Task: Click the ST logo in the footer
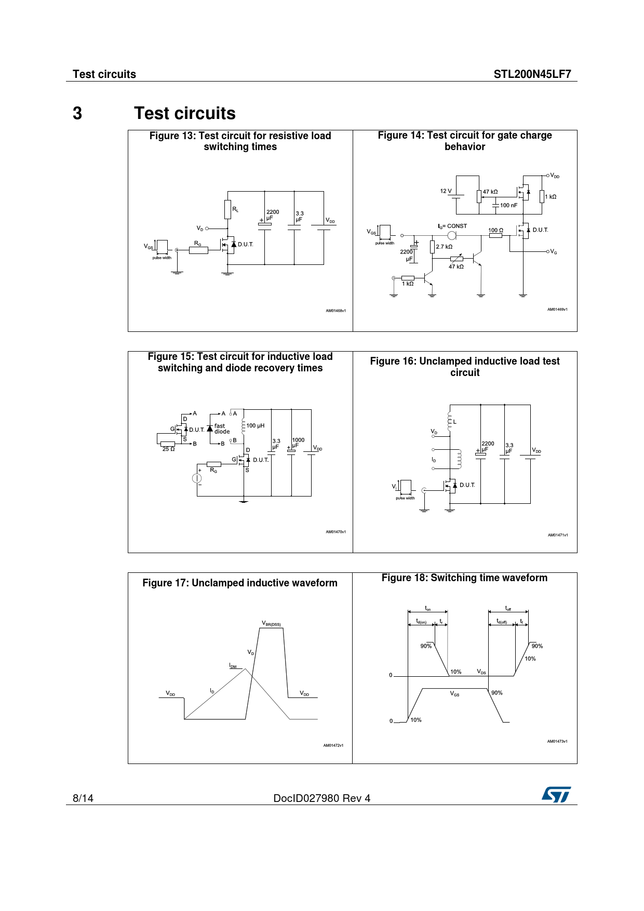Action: [x=556, y=795]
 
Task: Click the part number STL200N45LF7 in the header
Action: [x=532, y=74]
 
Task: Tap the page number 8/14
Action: [x=83, y=798]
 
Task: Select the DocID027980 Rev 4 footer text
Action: [x=321, y=798]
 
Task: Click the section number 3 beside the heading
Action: [x=77, y=113]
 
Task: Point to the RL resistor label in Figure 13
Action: [x=235, y=209]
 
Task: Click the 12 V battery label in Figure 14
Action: [x=446, y=191]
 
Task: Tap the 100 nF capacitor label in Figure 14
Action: [x=508, y=205]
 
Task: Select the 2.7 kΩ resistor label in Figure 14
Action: [x=444, y=247]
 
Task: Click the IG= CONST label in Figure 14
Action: [x=452, y=226]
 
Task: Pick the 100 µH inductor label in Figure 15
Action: [x=255, y=426]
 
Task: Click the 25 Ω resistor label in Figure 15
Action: [x=168, y=449]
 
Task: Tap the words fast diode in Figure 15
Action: [x=222, y=428]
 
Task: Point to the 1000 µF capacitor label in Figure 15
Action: [x=298, y=443]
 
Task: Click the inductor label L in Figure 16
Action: [x=455, y=422]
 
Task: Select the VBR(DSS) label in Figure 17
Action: [x=271, y=623]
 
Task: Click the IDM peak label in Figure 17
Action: [x=233, y=666]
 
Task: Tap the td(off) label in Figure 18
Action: [x=501, y=621]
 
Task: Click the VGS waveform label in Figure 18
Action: [x=454, y=694]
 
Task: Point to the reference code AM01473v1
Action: [x=557, y=741]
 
